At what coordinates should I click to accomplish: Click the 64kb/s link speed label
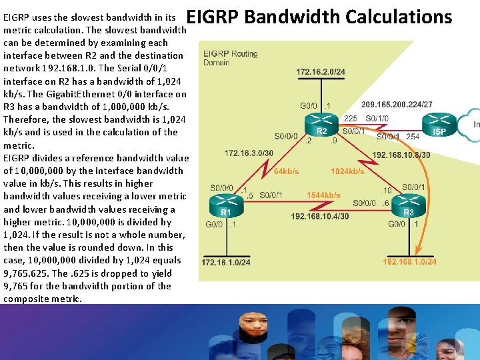pos(287,171)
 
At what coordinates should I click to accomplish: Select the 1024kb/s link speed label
pos(347,171)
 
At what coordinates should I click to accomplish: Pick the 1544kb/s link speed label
pos(323,195)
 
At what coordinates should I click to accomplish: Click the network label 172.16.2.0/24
pos(321,71)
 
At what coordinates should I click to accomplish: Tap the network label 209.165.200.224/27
pos(397,105)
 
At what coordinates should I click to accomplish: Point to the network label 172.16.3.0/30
pos(249,153)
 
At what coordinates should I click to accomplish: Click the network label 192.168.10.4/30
pos(320,217)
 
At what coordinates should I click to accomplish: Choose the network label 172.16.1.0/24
pos(226,263)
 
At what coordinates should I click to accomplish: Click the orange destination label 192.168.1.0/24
pos(409,262)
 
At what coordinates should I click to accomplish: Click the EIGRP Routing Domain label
pos(230,57)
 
